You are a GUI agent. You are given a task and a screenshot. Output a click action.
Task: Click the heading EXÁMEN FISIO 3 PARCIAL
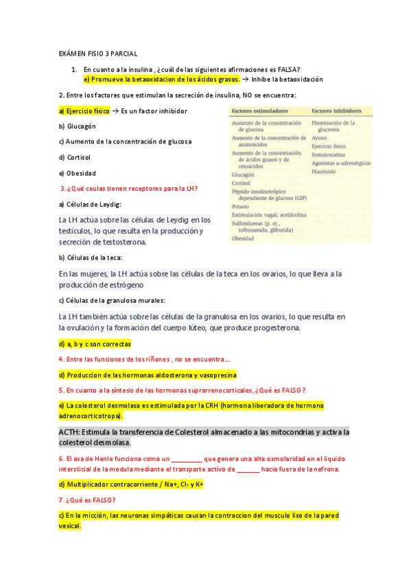coord(97,53)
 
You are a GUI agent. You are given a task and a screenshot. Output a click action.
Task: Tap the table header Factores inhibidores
coord(338,110)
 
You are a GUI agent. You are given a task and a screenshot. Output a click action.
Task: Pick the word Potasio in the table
coord(241,206)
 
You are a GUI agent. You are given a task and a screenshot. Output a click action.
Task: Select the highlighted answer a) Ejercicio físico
coord(84,110)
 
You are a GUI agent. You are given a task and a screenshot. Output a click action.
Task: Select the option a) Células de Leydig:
coord(90,204)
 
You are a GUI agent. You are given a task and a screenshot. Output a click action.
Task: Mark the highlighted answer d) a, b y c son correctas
coord(95,343)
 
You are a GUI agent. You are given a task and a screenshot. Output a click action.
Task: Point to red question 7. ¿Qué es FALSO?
coord(87,500)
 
